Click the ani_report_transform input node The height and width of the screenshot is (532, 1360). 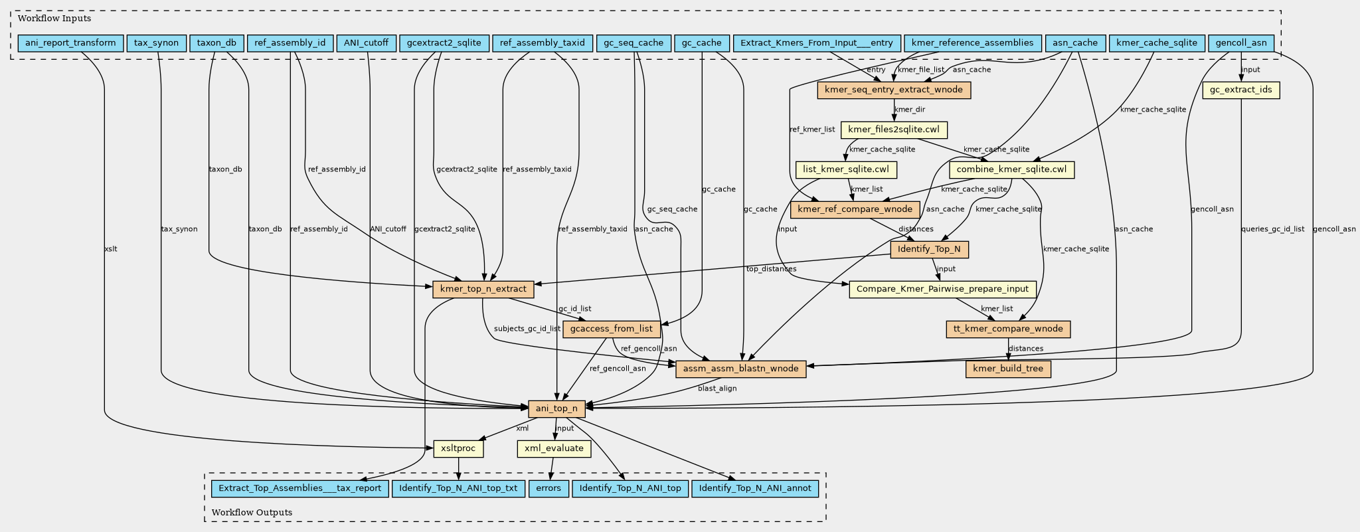70,43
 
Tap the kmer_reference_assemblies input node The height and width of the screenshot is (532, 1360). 972,43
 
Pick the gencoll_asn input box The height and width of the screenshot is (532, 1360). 1240,43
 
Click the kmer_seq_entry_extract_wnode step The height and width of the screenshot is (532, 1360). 894,90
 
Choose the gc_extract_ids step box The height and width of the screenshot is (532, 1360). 1240,90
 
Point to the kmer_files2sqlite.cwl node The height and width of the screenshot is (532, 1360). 894,130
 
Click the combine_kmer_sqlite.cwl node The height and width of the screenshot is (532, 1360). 1011,169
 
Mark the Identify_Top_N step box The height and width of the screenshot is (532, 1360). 929,249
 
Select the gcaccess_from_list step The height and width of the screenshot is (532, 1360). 611,329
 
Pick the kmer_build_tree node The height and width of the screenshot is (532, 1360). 1008,369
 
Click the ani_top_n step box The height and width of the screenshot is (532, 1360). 556,408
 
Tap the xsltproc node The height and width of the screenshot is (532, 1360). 458,448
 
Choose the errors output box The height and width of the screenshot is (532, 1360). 549,488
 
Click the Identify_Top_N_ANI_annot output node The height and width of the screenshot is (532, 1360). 755,488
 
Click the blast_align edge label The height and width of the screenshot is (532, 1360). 717,388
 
